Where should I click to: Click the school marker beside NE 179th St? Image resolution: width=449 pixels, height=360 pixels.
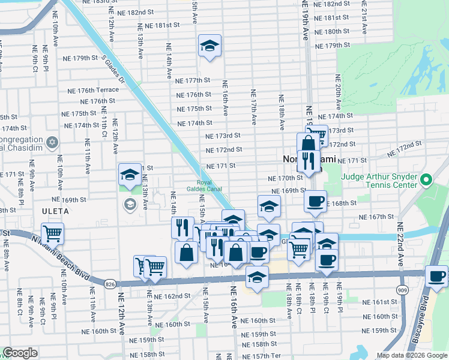[x=209, y=46]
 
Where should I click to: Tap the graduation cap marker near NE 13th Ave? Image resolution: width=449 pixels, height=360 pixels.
[x=130, y=175]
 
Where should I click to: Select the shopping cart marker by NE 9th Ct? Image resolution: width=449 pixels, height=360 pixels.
[x=53, y=233]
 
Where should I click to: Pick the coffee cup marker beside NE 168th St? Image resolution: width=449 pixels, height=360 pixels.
[x=315, y=201]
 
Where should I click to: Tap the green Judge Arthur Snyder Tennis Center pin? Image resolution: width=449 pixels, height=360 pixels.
[x=426, y=179]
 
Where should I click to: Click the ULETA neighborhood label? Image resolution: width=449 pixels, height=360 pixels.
[x=55, y=211]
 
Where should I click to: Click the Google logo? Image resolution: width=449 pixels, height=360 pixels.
[x=20, y=353]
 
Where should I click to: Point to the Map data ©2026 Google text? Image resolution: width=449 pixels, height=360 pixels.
[x=411, y=355]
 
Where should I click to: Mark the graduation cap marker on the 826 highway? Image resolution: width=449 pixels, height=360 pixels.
[x=257, y=278]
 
